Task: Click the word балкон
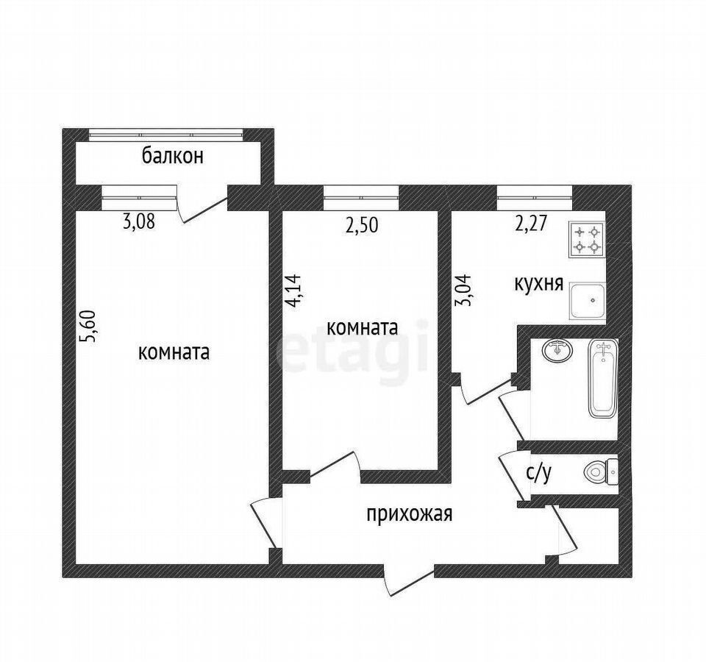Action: pyautogui.click(x=173, y=156)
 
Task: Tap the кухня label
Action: pyautogui.click(x=539, y=284)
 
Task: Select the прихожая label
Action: pyautogui.click(x=410, y=513)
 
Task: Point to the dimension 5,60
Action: pyautogui.click(x=88, y=326)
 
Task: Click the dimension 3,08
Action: pyautogui.click(x=139, y=221)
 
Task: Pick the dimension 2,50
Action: pyautogui.click(x=362, y=225)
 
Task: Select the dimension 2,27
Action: pyautogui.click(x=531, y=224)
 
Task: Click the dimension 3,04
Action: pyautogui.click(x=463, y=290)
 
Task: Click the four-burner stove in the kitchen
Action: pyautogui.click(x=587, y=240)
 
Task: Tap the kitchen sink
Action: pyautogui.click(x=588, y=301)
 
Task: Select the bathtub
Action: pyautogui.click(x=602, y=380)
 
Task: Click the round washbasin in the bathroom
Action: pyautogui.click(x=558, y=350)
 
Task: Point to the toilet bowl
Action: pyautogui.click(x=601, y=471)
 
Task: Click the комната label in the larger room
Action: pyautogui.click(x=174, y=352)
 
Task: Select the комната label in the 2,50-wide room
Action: pyautogui.click(x=362, y=327)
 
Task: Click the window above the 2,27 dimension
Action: pyautogui.click(x=535, y=198)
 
